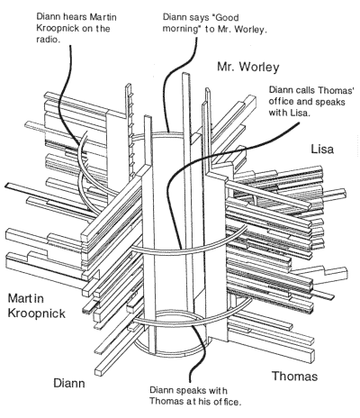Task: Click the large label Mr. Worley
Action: [248, 67]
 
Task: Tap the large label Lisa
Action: [322, 149]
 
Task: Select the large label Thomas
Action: [294, 376]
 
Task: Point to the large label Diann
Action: [69, 383]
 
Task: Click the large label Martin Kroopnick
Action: [36, 306]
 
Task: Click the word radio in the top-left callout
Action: [47, 40]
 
